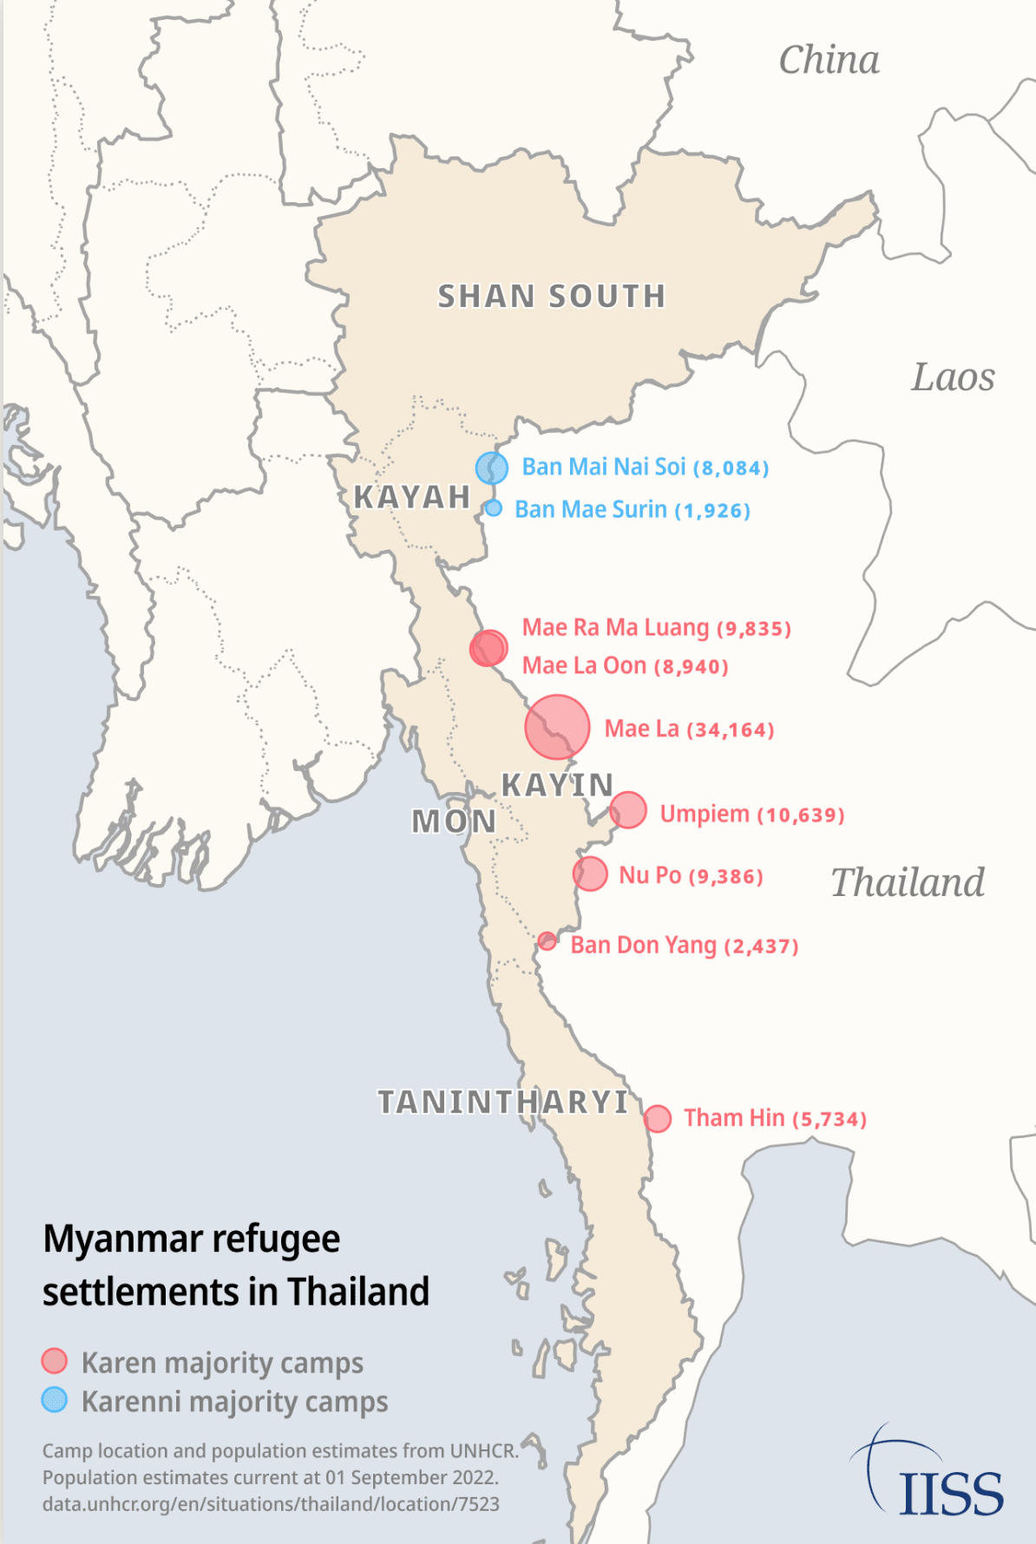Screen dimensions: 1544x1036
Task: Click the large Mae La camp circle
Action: click(557, 727)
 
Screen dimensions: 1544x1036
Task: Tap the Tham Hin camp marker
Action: click(658, 1119)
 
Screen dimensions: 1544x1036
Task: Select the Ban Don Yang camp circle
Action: click(547, 941)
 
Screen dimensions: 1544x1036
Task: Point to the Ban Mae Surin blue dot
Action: click(494, 508)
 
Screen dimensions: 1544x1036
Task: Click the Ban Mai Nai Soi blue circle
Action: click(492, 468)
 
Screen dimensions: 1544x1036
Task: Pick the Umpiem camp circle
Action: click(628, 810)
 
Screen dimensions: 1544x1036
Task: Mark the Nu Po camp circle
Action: click(590, 873)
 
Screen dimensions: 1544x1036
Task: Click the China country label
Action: click(829, 61)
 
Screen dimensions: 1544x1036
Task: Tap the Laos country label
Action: click(953, 377)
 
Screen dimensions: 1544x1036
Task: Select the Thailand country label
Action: click(908, 883)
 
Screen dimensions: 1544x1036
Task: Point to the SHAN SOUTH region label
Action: click(552, 297)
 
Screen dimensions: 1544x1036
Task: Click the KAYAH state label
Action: click(412, 498)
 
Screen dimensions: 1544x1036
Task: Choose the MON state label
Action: click(454, 821)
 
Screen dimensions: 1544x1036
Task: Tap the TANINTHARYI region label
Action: click(503, 1102)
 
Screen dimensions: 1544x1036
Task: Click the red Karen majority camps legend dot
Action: click(55, 1361)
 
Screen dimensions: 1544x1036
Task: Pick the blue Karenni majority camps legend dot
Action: click(55, 1399)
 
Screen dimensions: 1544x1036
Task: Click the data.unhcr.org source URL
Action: click(271, 1504)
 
